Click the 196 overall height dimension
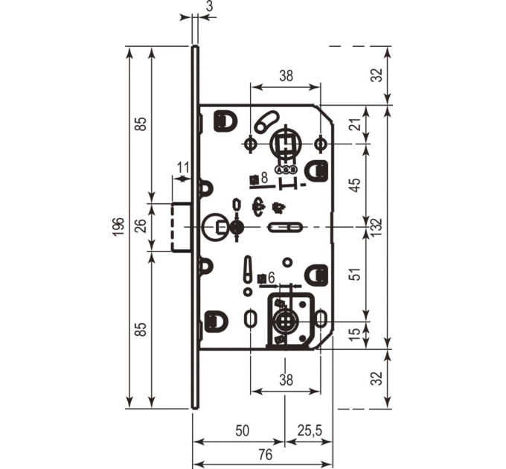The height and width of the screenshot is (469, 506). click(119, 227)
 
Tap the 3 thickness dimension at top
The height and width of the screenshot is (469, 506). click(210, 6)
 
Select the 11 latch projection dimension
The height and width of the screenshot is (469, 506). click(183, 167)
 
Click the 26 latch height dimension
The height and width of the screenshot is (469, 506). click(142, 226)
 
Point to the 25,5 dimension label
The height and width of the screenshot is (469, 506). click(310, 430)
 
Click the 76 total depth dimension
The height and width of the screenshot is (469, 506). click(265, 454)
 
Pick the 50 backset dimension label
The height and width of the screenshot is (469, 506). click(243, 430)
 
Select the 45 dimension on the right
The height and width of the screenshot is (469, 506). click(355, 185)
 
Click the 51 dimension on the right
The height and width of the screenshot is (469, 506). click(355, 274)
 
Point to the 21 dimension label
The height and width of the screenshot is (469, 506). click(356, 124)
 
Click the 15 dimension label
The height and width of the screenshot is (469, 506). click(355, 334)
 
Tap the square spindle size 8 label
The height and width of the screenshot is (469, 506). click(259, 179)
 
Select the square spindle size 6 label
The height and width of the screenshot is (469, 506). click(266, 278)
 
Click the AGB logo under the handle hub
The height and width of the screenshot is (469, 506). click(286, 170)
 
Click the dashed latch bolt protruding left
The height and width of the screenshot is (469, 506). click(181, 227)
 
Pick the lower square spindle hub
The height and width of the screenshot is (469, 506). click(285, 321)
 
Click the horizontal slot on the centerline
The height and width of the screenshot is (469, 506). click(285, 227)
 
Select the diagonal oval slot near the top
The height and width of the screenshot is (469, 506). click(266, 121)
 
